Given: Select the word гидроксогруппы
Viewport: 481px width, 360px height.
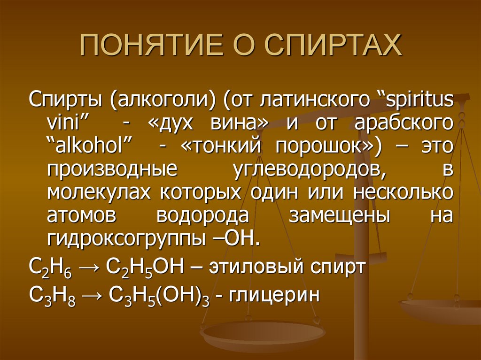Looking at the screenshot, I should [124, 239].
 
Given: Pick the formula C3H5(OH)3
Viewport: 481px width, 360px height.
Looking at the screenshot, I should [159, 296].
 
